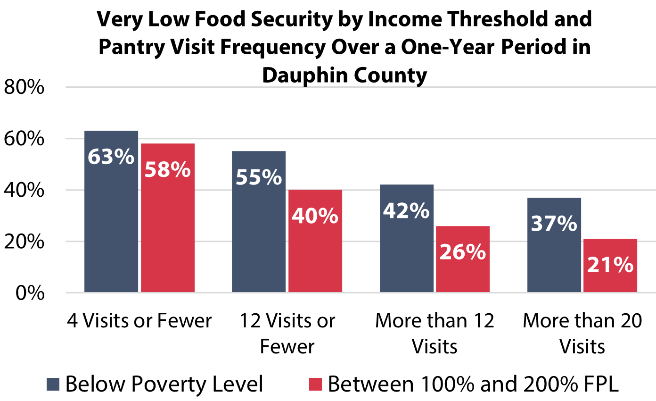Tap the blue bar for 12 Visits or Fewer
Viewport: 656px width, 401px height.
(x=259, y=222)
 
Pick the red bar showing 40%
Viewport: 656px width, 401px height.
(x=315, y=241)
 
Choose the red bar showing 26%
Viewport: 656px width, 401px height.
(x=462, y=259)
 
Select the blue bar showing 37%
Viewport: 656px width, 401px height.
(x=554, y=245)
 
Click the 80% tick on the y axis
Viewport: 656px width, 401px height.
(x=24, y=88)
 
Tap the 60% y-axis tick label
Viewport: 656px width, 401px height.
(x=24, y=139)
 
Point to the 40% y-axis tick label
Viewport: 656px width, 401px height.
(x=24, y=191)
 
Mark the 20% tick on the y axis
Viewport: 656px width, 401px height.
(x=24, y=242)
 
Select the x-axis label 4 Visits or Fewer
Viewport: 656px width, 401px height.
(x=139, y=321)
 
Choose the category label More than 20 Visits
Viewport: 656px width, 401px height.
(x=582, y=334)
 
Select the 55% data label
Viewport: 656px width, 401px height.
(x=258, y=178)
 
